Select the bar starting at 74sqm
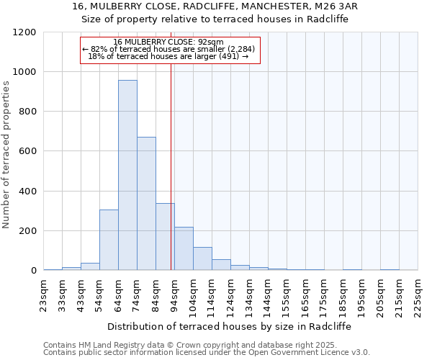(x=146, y=203)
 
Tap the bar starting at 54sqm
(x=109, y=240)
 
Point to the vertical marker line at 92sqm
(x=171, y=166)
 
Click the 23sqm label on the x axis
(x=44, y=293)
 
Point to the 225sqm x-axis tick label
(x=418, y=293)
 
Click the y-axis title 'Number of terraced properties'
(x=6, y=155)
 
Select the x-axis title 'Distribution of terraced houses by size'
(x=230, y=326)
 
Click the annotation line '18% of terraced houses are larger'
(x=168, y=56)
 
